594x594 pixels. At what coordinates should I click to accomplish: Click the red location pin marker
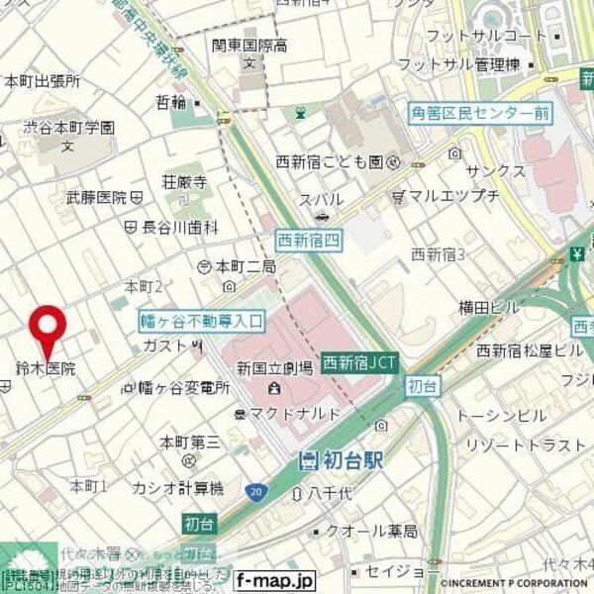[x=48, y=327]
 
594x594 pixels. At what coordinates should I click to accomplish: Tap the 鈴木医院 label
[x=45, y=368]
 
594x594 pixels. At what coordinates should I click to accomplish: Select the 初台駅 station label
[x=342, y=459]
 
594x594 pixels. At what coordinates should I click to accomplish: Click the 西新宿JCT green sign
[x=359, y=363]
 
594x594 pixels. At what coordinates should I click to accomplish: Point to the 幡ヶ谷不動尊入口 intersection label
[x=203, y=320]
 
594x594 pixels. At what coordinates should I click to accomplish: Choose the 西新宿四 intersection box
[x=309, y=239]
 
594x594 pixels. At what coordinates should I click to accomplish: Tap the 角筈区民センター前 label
[x=480, y=113]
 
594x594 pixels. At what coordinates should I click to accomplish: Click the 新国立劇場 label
[x=274, y=368]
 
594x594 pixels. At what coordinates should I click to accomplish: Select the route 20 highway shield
[x=256, y=492]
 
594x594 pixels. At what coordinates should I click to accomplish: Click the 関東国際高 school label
[x=247, y=45]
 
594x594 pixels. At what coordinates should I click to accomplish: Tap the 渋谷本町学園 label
[x=69, y=128]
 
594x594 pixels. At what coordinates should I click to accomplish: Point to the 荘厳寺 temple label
[x=185, y=182]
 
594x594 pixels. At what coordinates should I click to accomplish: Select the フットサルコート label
[x=472, y=36]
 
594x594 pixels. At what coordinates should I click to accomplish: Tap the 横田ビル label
[x=488, y=308]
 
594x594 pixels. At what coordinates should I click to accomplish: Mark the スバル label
[x=324, y=199]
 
